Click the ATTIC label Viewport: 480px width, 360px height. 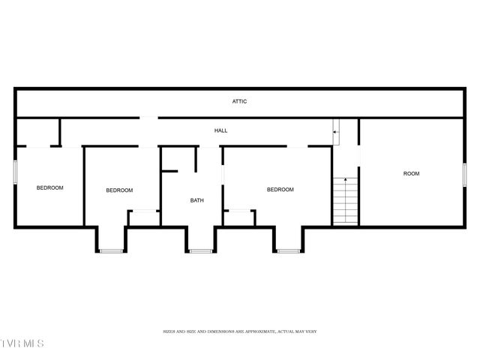coord(239,101)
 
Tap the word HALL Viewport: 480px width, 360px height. coord(220,130)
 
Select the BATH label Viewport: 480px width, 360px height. coord(196,200)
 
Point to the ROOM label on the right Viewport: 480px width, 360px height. coord(411,173)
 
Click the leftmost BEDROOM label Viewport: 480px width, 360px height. coord(50,187)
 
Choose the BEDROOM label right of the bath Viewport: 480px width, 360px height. coord(280,190)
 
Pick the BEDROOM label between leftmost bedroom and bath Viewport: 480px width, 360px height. coord(119,190)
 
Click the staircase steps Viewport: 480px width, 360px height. coord(345,200)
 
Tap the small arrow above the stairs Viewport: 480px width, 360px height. coord(337,133)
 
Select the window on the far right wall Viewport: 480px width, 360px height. coord(465,175)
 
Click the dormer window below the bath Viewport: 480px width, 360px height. coord(201,251)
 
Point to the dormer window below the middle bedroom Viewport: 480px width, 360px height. coord(111,251)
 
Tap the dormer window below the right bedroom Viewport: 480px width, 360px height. coord(288,251)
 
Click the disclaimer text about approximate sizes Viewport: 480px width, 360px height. coord(240,331)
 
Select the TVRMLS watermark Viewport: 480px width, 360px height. coord(22,343)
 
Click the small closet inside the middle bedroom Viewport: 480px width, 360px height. coord(143,218)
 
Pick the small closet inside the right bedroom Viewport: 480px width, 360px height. coord(239,217)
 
